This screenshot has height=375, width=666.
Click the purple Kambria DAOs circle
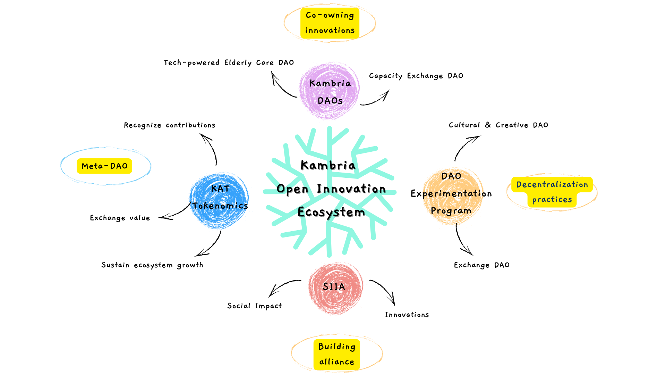[x=330, y=91]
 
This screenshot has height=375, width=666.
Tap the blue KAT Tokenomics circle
[x=219, y=200]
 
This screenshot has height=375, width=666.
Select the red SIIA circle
[x=335, y=288]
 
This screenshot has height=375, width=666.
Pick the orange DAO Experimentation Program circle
[x=452, y=195]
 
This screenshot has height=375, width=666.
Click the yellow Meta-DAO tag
[x=104, y=166]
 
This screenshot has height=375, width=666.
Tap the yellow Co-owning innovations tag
[x=330, y=23]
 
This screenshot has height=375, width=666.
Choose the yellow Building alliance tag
[x=337, y=354]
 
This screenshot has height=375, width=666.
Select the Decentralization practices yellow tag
[x=552, y=192]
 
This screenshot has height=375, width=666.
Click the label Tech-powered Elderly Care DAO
[x=229, y=63]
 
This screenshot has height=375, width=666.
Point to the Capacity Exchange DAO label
[x=416, y=76]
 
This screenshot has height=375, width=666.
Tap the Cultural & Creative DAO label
[x=498, y=125]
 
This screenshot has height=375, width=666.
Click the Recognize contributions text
[x=170, y=125]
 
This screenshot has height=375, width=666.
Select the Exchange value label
[x=120, y=218]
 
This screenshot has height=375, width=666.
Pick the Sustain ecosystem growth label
[x=152, y=265]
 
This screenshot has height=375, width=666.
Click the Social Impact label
[x=255, y=306]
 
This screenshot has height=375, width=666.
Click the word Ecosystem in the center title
[x=331, y=212]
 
